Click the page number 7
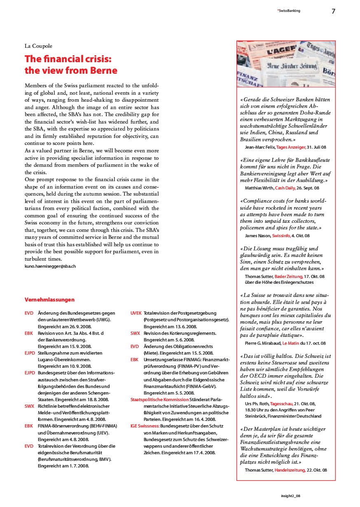(x=333, y=11)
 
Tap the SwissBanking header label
(x=288, y=11)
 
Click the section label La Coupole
(x=38, y=46)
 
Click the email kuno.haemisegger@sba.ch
(x=50, y=266)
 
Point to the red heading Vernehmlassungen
(x=49, y=299)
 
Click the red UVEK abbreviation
(x=136, y=313)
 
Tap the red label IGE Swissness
(x=145, y=426)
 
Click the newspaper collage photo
(x=286, y=64)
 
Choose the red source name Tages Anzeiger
(x=291, y=147)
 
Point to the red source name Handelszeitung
(x=290, y=470)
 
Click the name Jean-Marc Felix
(x=259, y=147)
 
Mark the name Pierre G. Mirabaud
(x=263, y=343)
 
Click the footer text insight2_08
(x=291, y=496)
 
